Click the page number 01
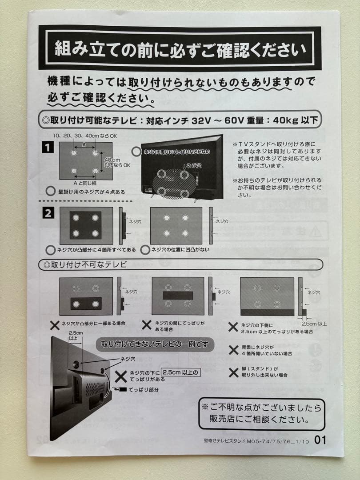click(320, 440)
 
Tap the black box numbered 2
click(48, 213)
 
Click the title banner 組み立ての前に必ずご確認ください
click(180, 48)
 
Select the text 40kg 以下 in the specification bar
click(295, 120)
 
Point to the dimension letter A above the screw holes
click(84, 145)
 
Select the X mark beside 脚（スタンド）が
click(233, 372)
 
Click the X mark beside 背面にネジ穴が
click(233, 350)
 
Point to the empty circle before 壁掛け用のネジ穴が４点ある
click(51, 192)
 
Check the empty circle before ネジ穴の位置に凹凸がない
click(145, 250)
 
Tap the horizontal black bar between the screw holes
click(178, 295)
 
